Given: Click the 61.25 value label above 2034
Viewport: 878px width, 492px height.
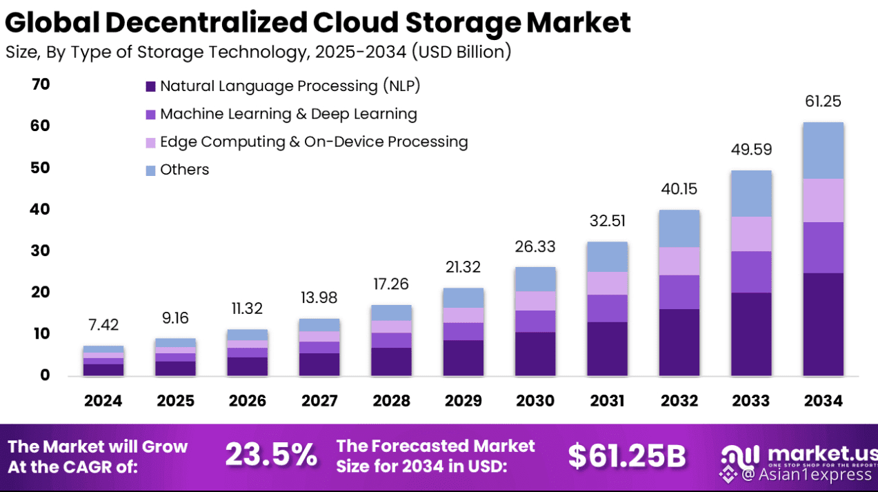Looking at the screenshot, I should [x=823, y=101].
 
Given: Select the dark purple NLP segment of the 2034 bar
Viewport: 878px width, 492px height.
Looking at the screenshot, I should [x=823, y=324].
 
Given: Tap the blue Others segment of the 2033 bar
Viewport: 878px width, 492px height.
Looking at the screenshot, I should [x=751, y=194].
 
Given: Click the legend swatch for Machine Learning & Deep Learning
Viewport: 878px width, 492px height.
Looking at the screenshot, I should [x=150, y=115].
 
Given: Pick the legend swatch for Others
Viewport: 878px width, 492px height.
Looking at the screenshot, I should [x=150, y=170].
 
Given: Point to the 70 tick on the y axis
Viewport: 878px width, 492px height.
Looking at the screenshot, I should [x=41, y=84].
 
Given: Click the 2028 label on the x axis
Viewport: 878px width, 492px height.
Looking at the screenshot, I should [x=391, y=401].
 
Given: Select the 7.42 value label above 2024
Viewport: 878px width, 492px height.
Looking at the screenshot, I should [x=103, y=325].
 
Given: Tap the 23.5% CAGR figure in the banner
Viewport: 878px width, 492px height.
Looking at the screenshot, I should [x=271, y=455].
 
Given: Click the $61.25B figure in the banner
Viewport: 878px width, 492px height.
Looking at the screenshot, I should [x=627, y=455].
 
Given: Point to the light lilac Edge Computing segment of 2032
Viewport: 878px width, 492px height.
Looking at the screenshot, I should [x=679, y=262].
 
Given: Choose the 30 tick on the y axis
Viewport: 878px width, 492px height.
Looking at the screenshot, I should [x=41, y=250].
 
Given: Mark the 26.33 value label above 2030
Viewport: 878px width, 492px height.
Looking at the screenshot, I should [x=535, y=246].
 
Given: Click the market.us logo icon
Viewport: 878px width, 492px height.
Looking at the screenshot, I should [x=740, y=455].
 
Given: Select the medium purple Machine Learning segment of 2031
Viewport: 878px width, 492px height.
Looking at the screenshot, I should [x=607, y=308].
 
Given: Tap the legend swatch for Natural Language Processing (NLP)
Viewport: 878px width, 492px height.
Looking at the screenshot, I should [x=150, y=87].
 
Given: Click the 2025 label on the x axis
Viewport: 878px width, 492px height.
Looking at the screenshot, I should [x=175, y=401].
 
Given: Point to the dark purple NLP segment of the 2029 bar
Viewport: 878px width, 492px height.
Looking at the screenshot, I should [x=463, y=357].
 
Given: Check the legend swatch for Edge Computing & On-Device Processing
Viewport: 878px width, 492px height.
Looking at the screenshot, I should [x=150, y=143].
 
